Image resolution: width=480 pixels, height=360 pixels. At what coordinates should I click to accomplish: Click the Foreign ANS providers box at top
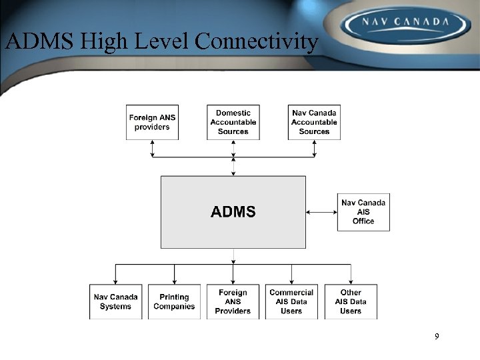point(152,122)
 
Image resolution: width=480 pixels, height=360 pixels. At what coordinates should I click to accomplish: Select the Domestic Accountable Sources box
point(233,122)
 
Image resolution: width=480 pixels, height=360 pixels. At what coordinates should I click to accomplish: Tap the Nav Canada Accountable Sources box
point(314,122)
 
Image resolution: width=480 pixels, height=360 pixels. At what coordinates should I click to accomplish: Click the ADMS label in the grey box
point(233,212)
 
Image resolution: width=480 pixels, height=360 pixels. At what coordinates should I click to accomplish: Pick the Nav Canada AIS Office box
point(363,212)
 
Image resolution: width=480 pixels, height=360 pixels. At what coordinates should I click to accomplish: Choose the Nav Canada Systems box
point(115,301)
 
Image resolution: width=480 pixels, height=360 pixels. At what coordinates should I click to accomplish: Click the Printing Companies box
point(174,301)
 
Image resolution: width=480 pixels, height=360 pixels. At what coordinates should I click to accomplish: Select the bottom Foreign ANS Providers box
point(233,301)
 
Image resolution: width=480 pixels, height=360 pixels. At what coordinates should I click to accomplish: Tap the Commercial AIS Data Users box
point(291,301)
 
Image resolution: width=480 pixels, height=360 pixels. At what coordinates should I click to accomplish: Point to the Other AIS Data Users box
point(351,301)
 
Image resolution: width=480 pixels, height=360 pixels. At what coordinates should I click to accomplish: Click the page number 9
point(437,337)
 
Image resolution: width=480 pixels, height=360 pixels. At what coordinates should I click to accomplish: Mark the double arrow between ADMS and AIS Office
point(321,212)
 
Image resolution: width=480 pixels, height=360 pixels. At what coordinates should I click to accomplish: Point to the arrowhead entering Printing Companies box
point(174,281)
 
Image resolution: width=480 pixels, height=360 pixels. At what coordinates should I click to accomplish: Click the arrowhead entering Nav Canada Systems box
point(115,281)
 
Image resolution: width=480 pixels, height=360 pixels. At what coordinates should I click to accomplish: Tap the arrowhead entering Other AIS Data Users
point(351,281)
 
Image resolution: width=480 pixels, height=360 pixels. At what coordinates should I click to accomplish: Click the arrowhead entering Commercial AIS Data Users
point(291,281)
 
